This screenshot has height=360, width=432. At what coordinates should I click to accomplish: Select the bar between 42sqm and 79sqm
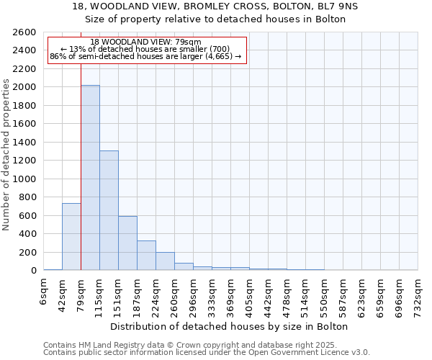tap(71, 237)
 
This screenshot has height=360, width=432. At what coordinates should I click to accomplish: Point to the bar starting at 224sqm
tap(165, 261)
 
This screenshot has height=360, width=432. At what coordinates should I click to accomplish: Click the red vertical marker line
tap(81, 166)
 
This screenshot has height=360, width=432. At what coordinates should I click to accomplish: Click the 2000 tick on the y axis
tap(27, 87)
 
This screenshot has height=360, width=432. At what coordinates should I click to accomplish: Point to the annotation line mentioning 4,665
tap(146, 56)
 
